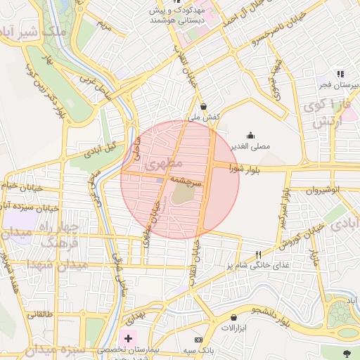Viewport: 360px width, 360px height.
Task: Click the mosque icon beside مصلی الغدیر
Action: point(250,136)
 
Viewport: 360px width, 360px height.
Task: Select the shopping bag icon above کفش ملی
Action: point(203,107)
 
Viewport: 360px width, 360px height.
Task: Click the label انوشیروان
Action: point(323,190)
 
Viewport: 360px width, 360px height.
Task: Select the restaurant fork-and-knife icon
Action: point(259,255)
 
